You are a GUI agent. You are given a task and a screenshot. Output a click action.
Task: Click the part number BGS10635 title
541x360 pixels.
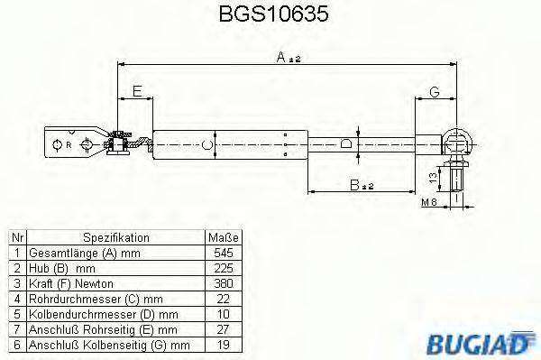269,15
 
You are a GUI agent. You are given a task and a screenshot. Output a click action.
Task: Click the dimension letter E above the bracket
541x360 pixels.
136,92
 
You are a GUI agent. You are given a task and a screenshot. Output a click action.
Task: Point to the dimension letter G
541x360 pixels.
434,92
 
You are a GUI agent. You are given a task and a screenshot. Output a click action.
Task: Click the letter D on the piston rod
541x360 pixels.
345,143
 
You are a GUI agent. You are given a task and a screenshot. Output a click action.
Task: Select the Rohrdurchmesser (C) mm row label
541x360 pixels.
96,297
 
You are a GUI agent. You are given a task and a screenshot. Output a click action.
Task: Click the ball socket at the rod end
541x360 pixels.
458,141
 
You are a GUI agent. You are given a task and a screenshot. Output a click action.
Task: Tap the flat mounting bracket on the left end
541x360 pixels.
76,144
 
